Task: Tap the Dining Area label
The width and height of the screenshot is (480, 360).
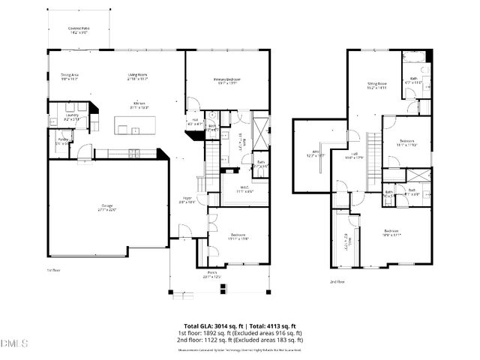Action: tap(70, 76)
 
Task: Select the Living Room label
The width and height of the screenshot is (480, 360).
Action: tap(137, 76)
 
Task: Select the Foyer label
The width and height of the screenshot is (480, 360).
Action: tap(187, 200)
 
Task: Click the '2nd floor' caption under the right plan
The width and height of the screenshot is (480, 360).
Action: tap(337, 282)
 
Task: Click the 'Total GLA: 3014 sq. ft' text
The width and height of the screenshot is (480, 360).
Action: tap(208, 325)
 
